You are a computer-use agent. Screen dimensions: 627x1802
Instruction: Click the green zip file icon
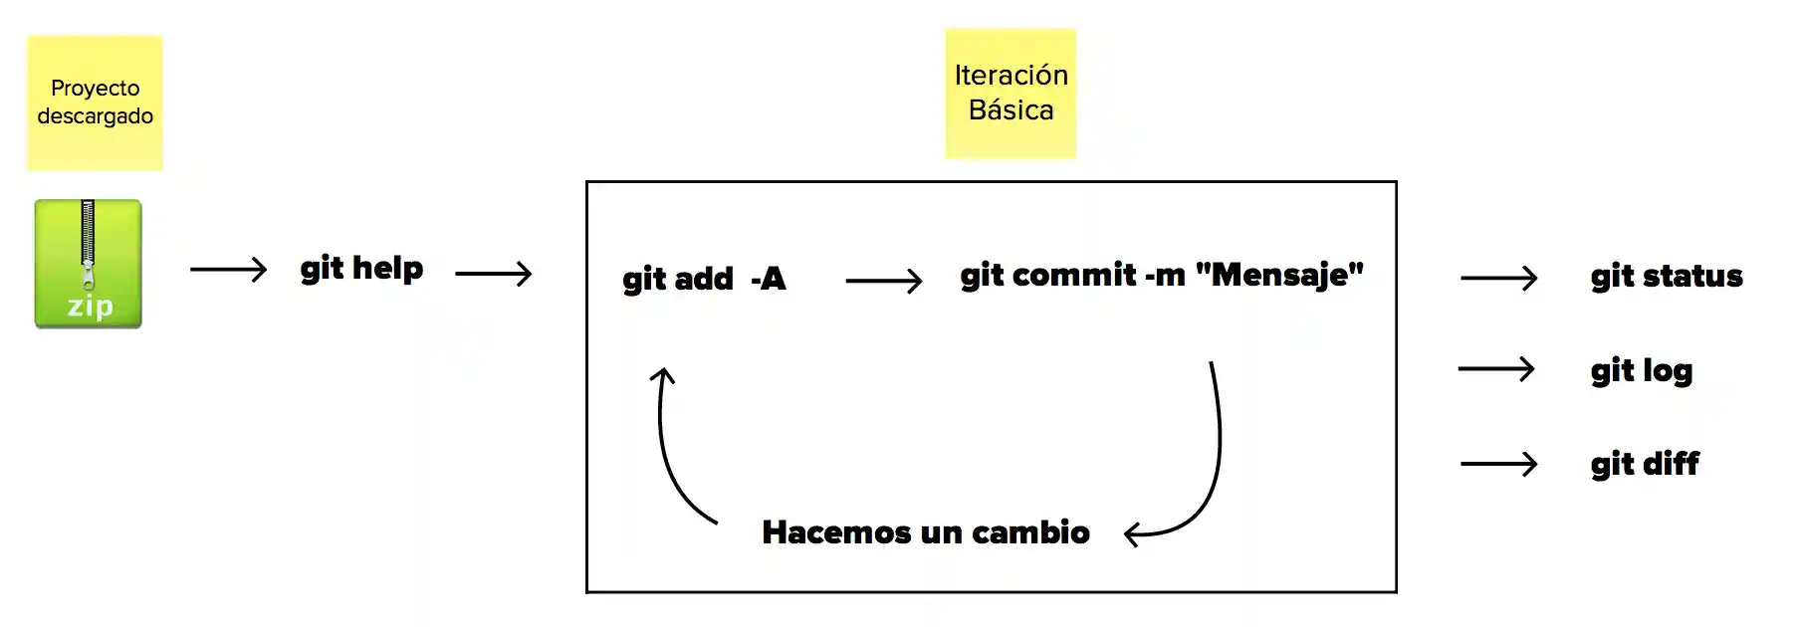point(88,264)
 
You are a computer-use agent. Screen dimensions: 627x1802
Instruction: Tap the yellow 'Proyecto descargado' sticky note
point(95,103)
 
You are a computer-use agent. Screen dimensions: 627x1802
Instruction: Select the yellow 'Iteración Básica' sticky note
point(1011,94)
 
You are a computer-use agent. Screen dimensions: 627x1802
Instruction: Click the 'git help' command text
point(361,269)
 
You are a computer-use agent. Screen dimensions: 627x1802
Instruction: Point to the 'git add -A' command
point(704,279)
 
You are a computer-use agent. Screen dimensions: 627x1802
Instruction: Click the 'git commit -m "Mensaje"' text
point(1161,275)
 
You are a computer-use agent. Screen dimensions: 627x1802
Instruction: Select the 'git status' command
point(1666,276)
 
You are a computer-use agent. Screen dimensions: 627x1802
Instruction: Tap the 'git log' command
point(1641,370)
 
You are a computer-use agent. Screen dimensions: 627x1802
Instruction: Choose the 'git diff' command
point(1645,464)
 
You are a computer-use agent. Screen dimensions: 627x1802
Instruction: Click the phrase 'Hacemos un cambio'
point(925,532)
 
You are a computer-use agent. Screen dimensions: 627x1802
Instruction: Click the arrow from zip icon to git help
point(228,269)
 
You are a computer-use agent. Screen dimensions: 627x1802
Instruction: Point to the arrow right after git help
point(493,273)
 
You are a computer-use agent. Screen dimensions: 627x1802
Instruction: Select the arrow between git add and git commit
point(883,281)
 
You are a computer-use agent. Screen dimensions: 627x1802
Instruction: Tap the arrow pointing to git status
point(1498,278)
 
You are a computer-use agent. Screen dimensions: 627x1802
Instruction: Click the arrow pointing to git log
point(1495,369)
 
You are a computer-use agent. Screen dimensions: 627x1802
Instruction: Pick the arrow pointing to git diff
point(1498,464)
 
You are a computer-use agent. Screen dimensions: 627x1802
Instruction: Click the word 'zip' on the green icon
point(90,306)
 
